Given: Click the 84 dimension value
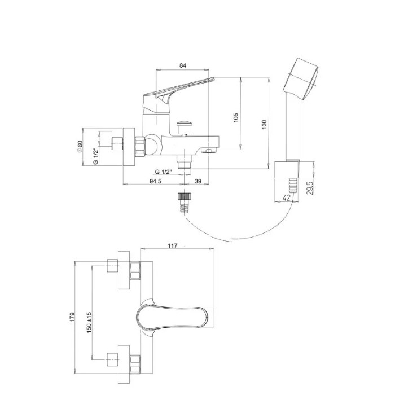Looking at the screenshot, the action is [x=183, y=65].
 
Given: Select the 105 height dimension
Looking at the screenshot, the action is [x=236, y=117].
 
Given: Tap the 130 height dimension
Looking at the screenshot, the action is [x=264, y=125].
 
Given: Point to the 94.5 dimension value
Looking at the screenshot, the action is [x=155, y=181].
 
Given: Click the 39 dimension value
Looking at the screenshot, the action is [x=198, y=181].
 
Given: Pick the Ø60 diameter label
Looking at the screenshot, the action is [x=80, y=146].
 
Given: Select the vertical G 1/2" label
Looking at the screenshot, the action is [x=96, y=156].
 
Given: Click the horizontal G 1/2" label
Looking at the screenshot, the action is [x=163, y=172].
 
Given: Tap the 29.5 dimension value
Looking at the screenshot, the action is [x=310, y=188].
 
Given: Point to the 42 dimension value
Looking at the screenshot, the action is [x=287, y=197].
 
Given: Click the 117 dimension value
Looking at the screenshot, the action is [x=173, y=245].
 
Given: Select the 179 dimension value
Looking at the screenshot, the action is [x=73, y=317].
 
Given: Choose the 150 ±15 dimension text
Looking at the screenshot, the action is [x=89, y=323].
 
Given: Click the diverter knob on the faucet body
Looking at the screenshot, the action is [x=185, y=128].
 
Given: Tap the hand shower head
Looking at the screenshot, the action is [x=301, y=79].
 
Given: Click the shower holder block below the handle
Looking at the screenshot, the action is [x=287, y=170].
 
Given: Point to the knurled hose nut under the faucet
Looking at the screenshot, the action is [x=185, y=196].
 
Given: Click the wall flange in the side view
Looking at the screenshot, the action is [x=129, y=147].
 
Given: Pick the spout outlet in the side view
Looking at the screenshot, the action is [x=209, y=151].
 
